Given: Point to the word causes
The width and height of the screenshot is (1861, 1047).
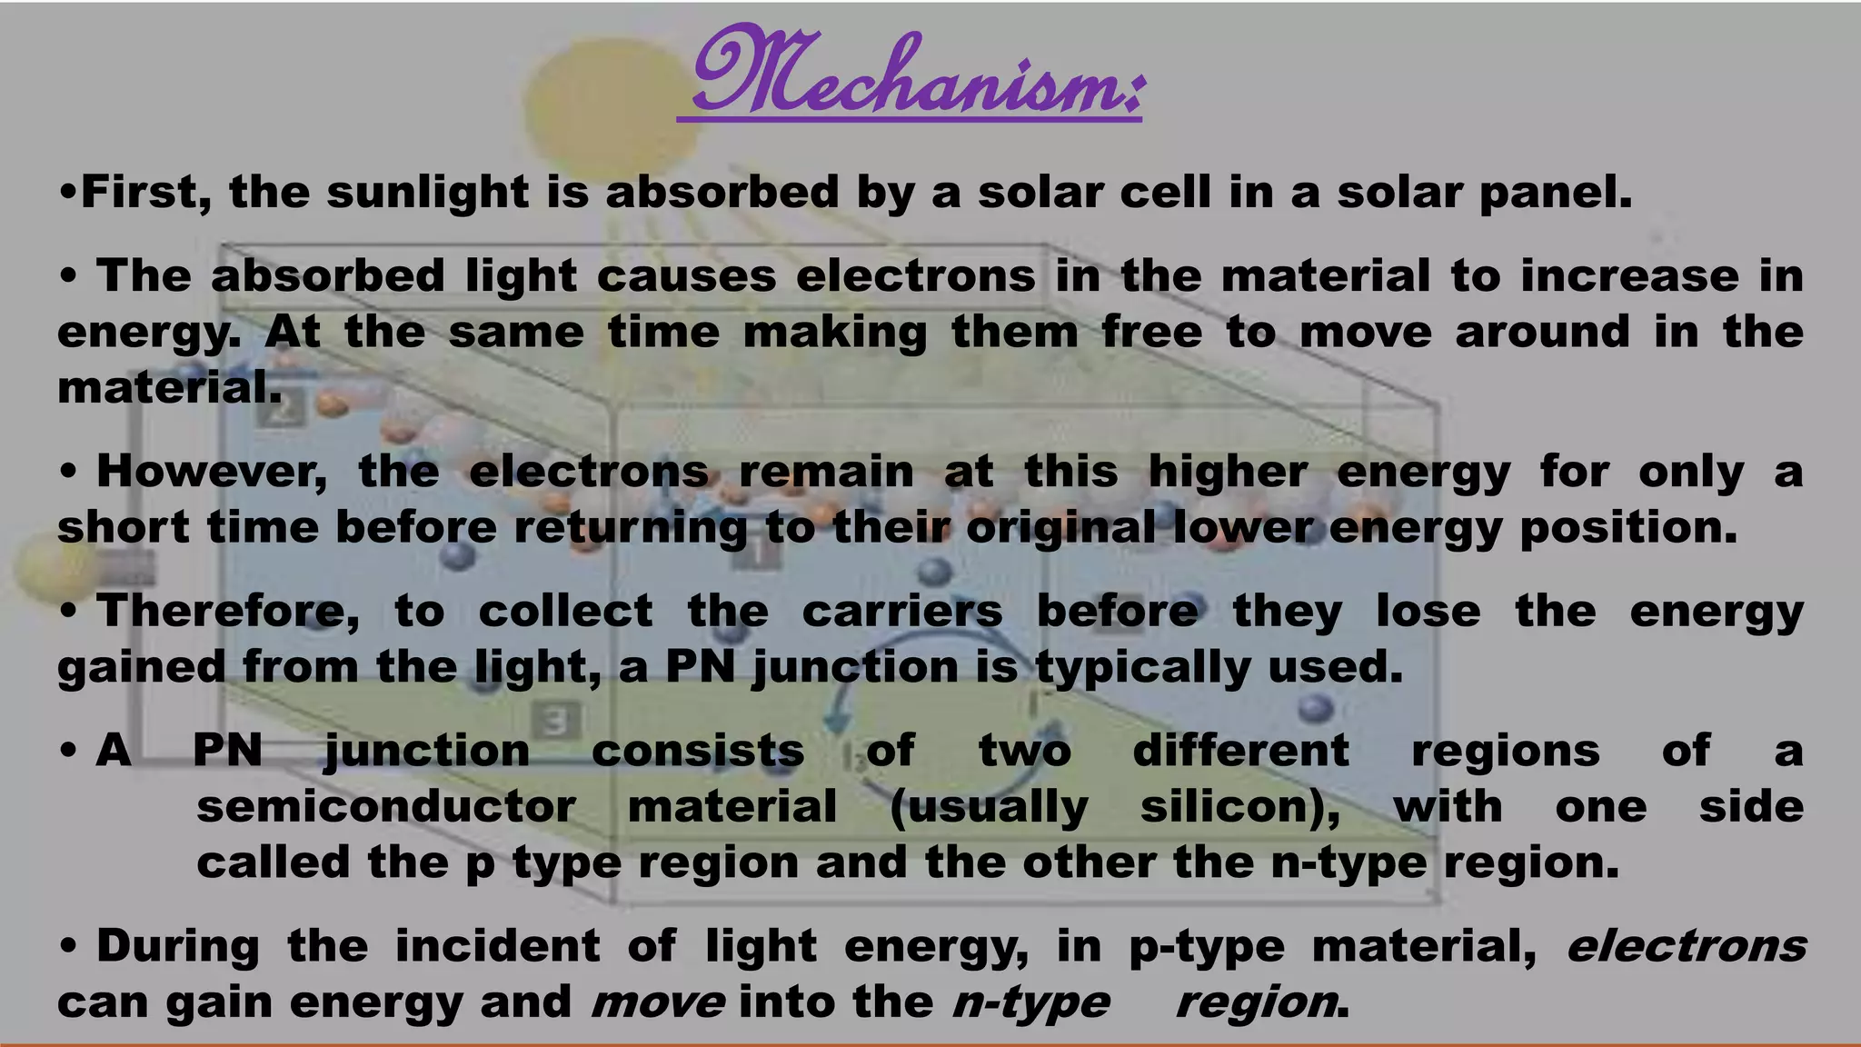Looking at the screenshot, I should (685, 276).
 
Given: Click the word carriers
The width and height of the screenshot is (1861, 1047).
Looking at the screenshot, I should (901, 611).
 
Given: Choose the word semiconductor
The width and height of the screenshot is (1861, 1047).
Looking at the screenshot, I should (386, 807).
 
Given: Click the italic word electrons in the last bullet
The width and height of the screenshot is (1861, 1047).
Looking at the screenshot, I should (1687, 947).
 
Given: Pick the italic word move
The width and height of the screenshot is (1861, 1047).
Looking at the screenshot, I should (658, 1002).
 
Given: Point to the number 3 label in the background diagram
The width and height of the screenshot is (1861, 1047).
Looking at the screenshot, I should (555, 723).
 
